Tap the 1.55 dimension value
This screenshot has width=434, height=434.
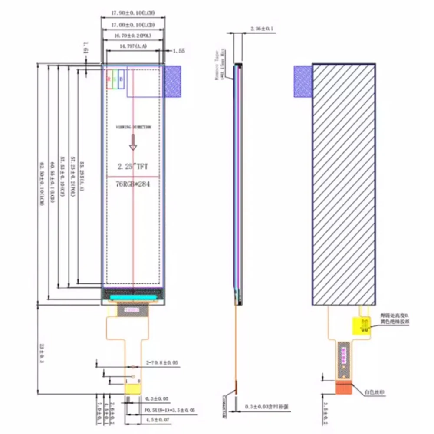pyautogui.click(x=179, y=51)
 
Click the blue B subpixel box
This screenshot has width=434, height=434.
pyautogui.click(x=121, y=79)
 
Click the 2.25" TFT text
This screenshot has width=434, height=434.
pyautogui.click(x=133, y=166)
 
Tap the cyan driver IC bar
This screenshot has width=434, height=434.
pyautogui.click(x=133, y=297)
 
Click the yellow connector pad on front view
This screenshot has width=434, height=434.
pyautogui.click(x=132, y=388)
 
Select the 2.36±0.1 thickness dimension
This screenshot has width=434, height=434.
pyautogui.click(x=262, y=29)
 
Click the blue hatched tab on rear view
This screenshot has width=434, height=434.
pyautogui.click(x=303, y=81)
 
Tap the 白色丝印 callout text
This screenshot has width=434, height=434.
pyautogui.click(x=375, y=392)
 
